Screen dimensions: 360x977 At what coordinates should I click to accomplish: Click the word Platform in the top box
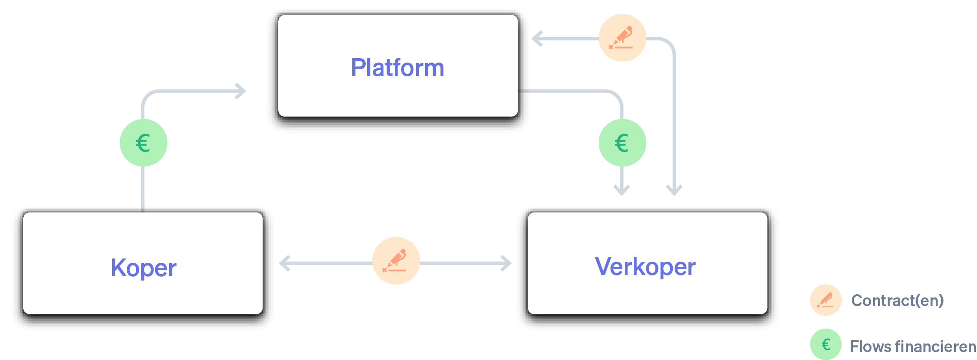[x=398, y=68]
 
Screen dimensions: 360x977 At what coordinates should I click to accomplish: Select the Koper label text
[x=144, y=268]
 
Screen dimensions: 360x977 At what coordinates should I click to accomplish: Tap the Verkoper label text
[x=645, y=267]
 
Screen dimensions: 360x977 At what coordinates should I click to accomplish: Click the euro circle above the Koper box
[x=143, y=143]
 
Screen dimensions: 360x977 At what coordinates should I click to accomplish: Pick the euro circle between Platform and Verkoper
[x=622, y=143]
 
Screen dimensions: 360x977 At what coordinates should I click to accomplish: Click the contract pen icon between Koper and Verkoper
[x=396, y=261]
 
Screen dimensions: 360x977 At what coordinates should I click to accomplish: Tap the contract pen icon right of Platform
[x=622, y=38]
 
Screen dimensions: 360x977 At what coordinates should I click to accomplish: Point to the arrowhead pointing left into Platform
[x=536, y=39]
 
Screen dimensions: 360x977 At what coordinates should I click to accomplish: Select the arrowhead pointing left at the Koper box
[x=283, y=263]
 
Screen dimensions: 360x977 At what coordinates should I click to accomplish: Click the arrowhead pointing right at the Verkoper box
[x=507, y=263]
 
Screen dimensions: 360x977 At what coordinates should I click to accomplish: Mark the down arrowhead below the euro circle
[x=622, y=190]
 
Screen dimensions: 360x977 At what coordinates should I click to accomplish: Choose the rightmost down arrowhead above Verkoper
[x=674, y=190]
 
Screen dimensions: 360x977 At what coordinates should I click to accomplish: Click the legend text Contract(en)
[x=897, y=301]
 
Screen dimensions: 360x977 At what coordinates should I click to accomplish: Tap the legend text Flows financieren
[x=912, y=347]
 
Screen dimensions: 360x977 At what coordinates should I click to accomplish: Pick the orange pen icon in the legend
[x=825, y=300]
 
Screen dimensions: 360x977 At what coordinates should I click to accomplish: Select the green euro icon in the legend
[x=825, y=345]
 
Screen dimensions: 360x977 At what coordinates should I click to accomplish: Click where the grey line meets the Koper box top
[x=142, y=209]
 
